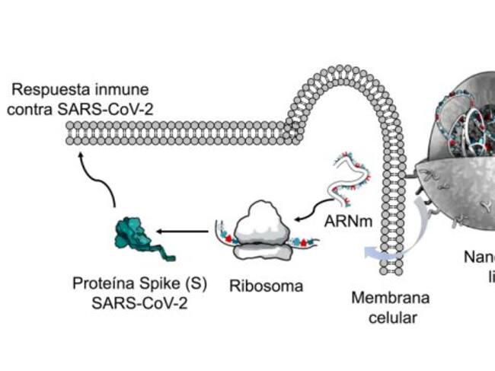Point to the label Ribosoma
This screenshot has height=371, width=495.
pyautogui.click(x=266, y=286)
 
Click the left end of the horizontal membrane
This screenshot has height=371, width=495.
pyautogui.click(x=71, y=133)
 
